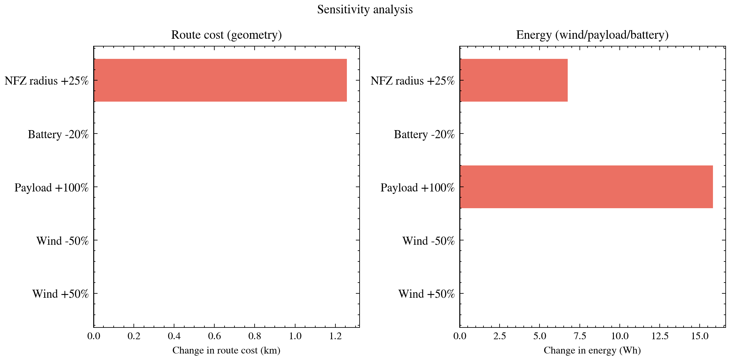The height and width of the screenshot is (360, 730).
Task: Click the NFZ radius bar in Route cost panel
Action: click(x=220, y=80)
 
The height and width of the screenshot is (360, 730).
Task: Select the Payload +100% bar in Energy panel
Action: click(x=586, y=187)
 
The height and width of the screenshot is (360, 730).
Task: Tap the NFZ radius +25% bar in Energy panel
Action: click(x=514, y=80)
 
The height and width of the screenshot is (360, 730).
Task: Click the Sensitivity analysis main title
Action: click(x=365, y=10)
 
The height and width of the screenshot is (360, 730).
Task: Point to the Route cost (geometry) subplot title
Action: click(x=226, y=35)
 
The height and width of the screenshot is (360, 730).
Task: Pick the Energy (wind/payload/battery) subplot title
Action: click(x=592, y=35)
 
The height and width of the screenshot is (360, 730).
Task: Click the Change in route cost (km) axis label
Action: click(x=226, y=350)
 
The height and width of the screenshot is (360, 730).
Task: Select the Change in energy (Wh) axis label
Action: click(x=592, y=350)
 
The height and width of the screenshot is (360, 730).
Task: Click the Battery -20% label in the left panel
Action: click(x=58, y=134)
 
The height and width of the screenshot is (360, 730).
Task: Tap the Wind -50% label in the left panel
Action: click(x=63, y=241)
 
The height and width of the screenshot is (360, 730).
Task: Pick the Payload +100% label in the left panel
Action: click(x=51, y=188)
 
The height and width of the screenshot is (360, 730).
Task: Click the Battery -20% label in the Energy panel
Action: click(x=424, y=134)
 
